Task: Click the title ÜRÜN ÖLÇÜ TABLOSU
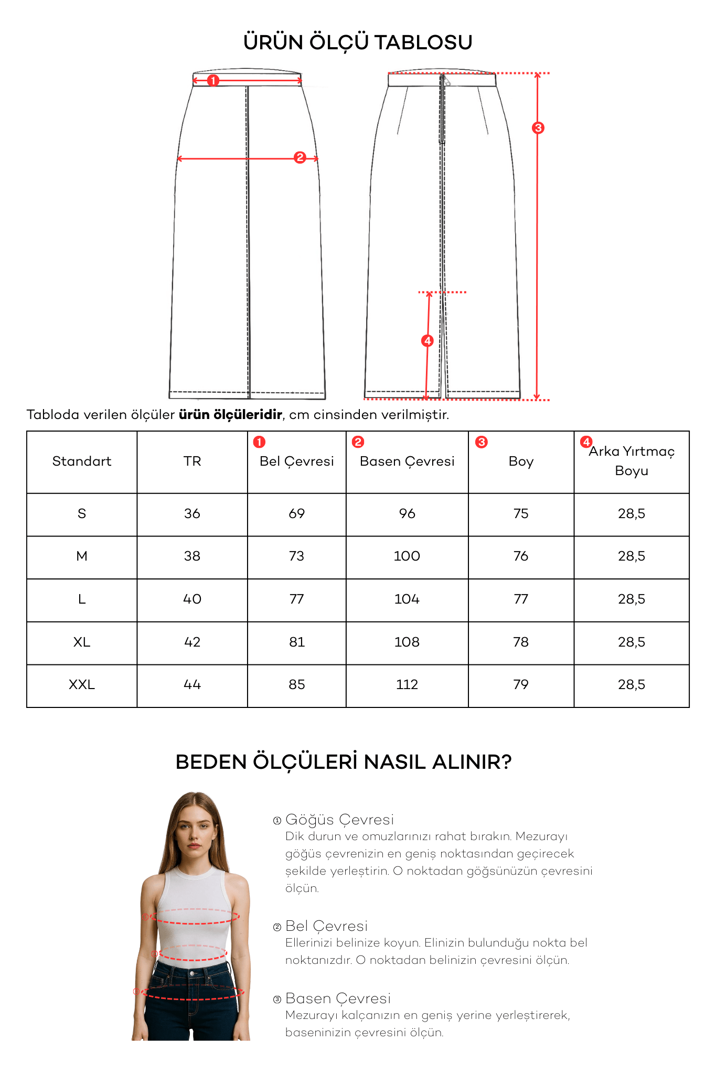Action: tap(358, 42)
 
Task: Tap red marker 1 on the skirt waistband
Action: tap(213, 80)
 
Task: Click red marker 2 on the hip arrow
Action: tap(300, 157)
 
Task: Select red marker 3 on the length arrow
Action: tap(538, 127)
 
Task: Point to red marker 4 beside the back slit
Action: tap(428, 341)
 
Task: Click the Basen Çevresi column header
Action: tap(407, 461)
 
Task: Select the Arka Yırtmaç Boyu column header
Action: tap(632, 460)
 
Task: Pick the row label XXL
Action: tap(82, 684)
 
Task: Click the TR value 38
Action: tap(192, 556)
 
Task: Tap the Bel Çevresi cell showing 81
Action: tap(297, 642)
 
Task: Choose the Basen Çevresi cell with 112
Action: tap(407, 684)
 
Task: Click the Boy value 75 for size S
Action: tap(521, 513)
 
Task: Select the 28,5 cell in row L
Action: tap(632, 599)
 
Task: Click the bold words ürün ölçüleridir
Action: tap(230, 415)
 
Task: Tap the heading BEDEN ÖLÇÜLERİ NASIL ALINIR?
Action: tap(344, 762)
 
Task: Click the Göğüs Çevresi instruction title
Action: tap(339, 819)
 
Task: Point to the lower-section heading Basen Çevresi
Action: tap(338, 998)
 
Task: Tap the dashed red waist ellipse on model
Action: tap(193, 953)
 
